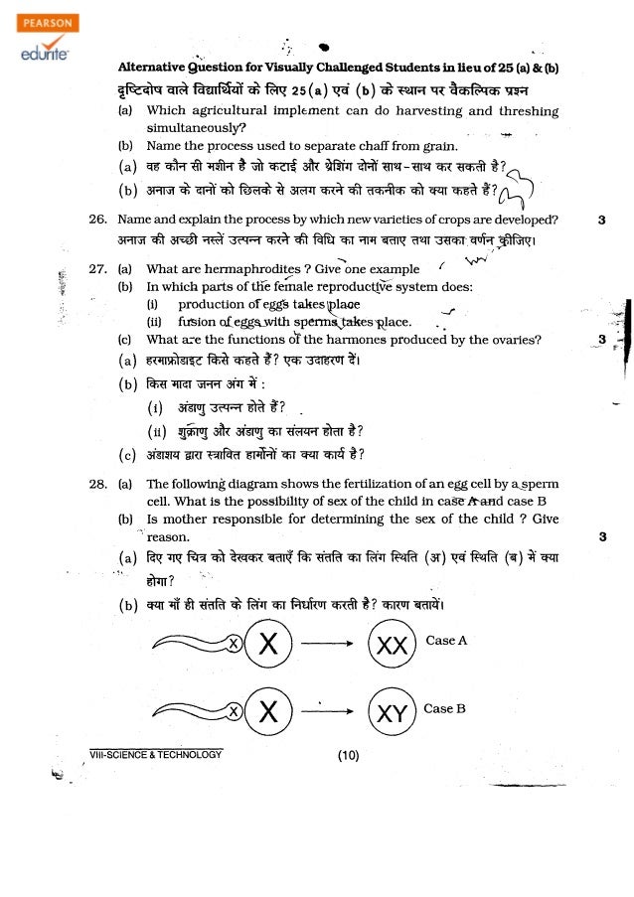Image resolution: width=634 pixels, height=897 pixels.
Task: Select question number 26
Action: pyautogui.click(x=97, y=220)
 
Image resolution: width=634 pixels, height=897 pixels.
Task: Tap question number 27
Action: pyautogui.click(x=97, y=269)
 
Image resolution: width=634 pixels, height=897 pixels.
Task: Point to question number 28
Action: pyautogui.click(x=97, y=484)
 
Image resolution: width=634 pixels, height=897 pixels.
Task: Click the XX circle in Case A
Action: pyautogui.click(x=395, y=646)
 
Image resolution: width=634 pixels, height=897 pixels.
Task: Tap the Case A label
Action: pyautogui.click(x=446, y=641)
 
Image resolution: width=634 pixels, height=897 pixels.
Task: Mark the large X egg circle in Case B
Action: pyautogui.click(x=266, y=712)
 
